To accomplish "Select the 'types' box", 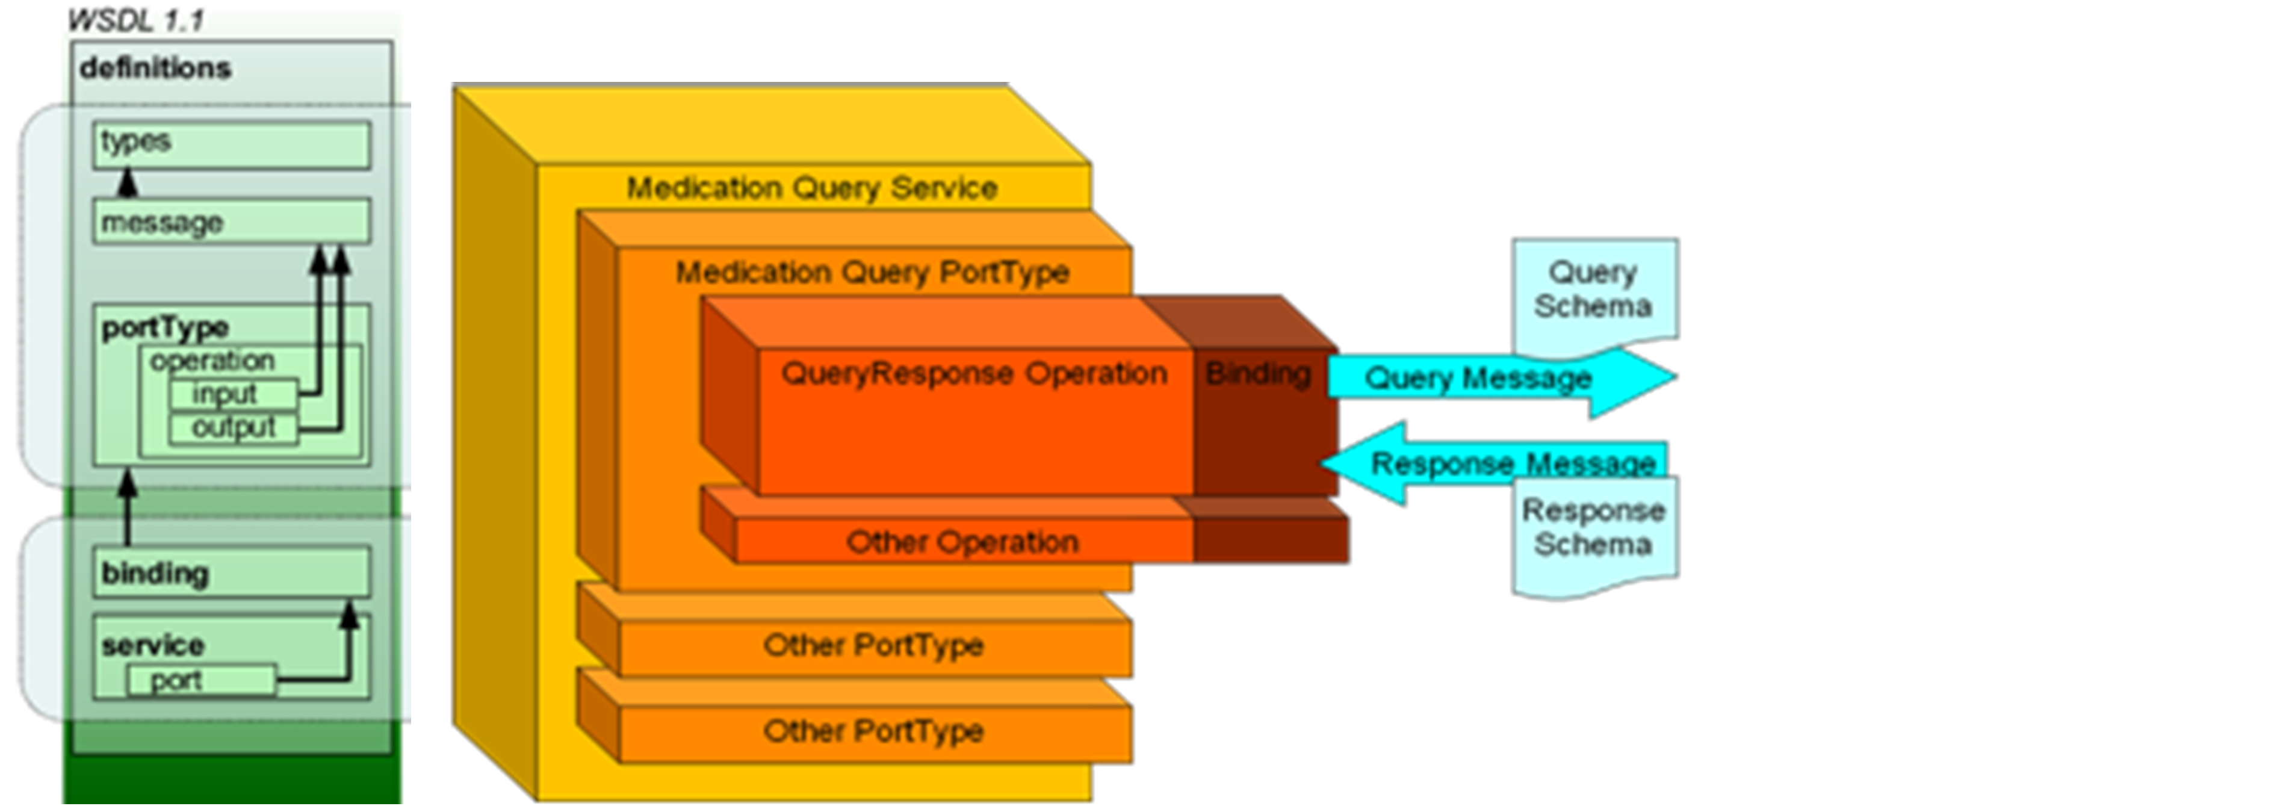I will click(x=231, y=145).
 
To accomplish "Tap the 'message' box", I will click(x=231, y=222).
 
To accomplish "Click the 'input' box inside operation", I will click(x=233, y=394).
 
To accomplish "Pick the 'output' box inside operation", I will click(x=233, y=428).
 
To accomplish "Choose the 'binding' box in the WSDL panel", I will click(x=231, y=572).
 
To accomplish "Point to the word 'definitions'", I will click(x=155, y=68).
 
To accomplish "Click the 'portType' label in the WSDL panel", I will click(x=165, y=327).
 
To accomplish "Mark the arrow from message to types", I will click(x=129, y=184).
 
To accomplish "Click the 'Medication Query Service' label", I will click(x=811, y=188).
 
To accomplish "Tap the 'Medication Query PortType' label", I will click(x=872, y=272).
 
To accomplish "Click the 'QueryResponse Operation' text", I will click(x=974, y=373).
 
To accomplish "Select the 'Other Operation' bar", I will click(x=962, y=541).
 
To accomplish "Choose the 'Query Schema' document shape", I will click(x=1593, y=290).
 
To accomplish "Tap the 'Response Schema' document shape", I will click(x=1593, y=530).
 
